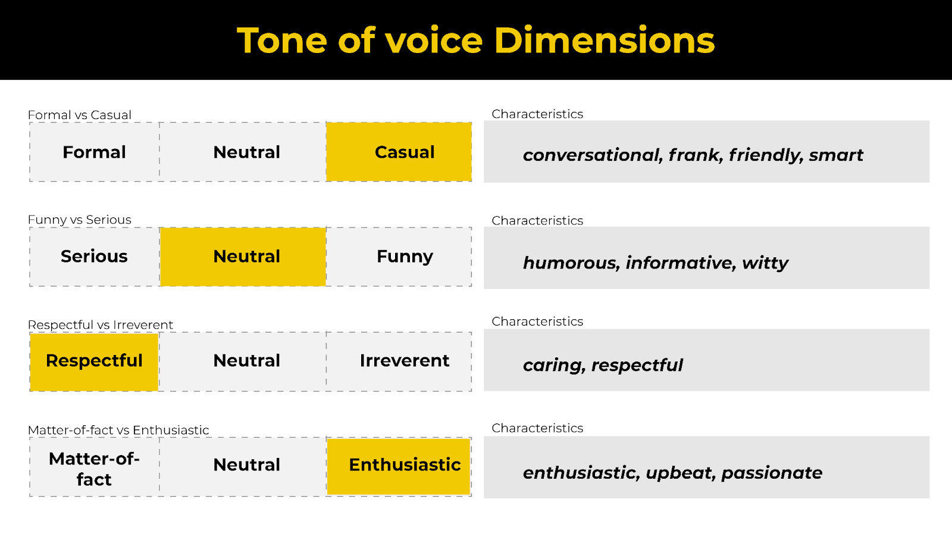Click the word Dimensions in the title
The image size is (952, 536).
(604, 41)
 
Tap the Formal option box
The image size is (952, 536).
(95, 152)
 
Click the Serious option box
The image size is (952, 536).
(95, 257)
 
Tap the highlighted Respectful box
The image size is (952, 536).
(95, 361)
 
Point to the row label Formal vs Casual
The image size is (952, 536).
(80, 115)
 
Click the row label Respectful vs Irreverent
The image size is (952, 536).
(101, 325)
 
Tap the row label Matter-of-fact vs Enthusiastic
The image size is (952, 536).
(118, 430)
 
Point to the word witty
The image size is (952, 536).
(765, 263)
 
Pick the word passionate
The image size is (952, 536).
(772, 473)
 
